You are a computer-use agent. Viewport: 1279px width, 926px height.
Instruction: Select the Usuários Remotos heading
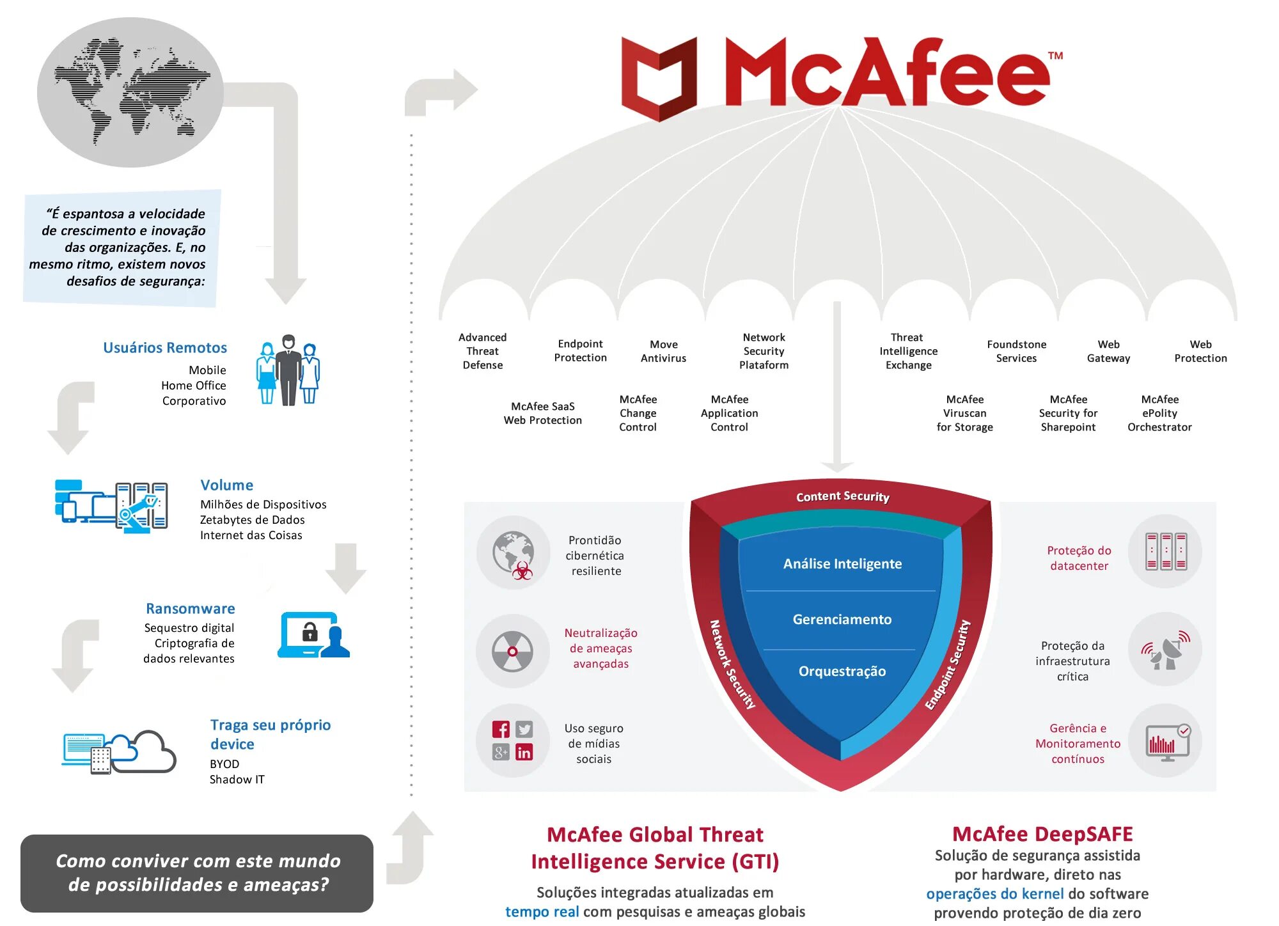(x=165, y=347)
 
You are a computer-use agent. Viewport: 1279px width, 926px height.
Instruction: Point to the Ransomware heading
(x=190, y=608)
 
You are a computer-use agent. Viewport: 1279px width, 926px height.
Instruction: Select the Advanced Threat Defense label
(x=483, y=351)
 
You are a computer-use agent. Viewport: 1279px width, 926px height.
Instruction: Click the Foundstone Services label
(x=1016, y=351)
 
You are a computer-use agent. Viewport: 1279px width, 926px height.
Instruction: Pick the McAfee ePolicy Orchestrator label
(x=1159, y=413)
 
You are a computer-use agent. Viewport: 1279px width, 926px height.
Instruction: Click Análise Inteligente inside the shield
(x=842, y=563)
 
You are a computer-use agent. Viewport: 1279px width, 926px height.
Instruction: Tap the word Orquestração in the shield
(x=842, y=671)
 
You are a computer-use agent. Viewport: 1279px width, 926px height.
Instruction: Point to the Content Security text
(x=842, y=496)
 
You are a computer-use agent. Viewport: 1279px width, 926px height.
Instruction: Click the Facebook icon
(x=501, y=729)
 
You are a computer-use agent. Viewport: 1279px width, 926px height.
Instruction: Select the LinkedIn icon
(x=524, y=753)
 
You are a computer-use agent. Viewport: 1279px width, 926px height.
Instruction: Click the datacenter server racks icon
(x=1165, y=551)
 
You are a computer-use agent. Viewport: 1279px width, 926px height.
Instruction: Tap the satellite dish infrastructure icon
(x=1165, y=650)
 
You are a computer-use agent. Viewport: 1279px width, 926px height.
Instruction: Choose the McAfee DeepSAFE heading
(x=1042, y=834)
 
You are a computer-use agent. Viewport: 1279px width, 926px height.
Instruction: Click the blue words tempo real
(x=542, y=911)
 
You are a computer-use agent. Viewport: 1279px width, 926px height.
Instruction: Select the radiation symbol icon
(x=512, y=652)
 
